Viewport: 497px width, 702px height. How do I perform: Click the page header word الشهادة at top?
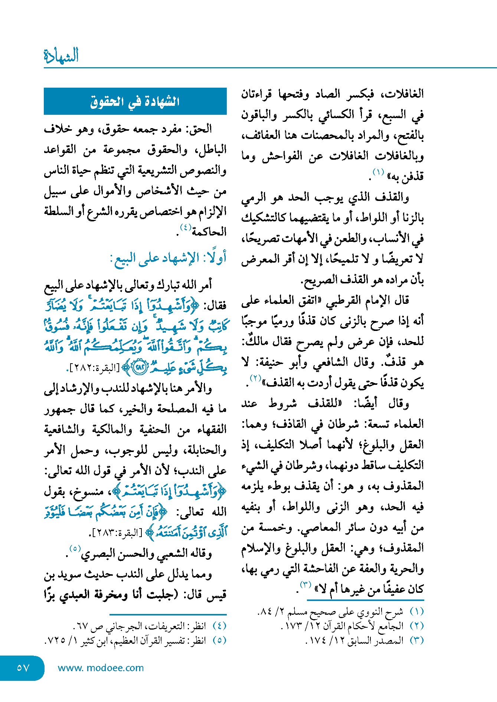point(61,56)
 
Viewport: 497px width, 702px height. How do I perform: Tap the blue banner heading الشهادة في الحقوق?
point(135,101)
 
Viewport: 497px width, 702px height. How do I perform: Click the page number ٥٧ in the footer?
point(23,668)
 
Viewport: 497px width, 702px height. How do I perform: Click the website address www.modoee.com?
point(101,668)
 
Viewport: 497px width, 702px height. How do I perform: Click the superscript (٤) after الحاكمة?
point(185,227)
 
